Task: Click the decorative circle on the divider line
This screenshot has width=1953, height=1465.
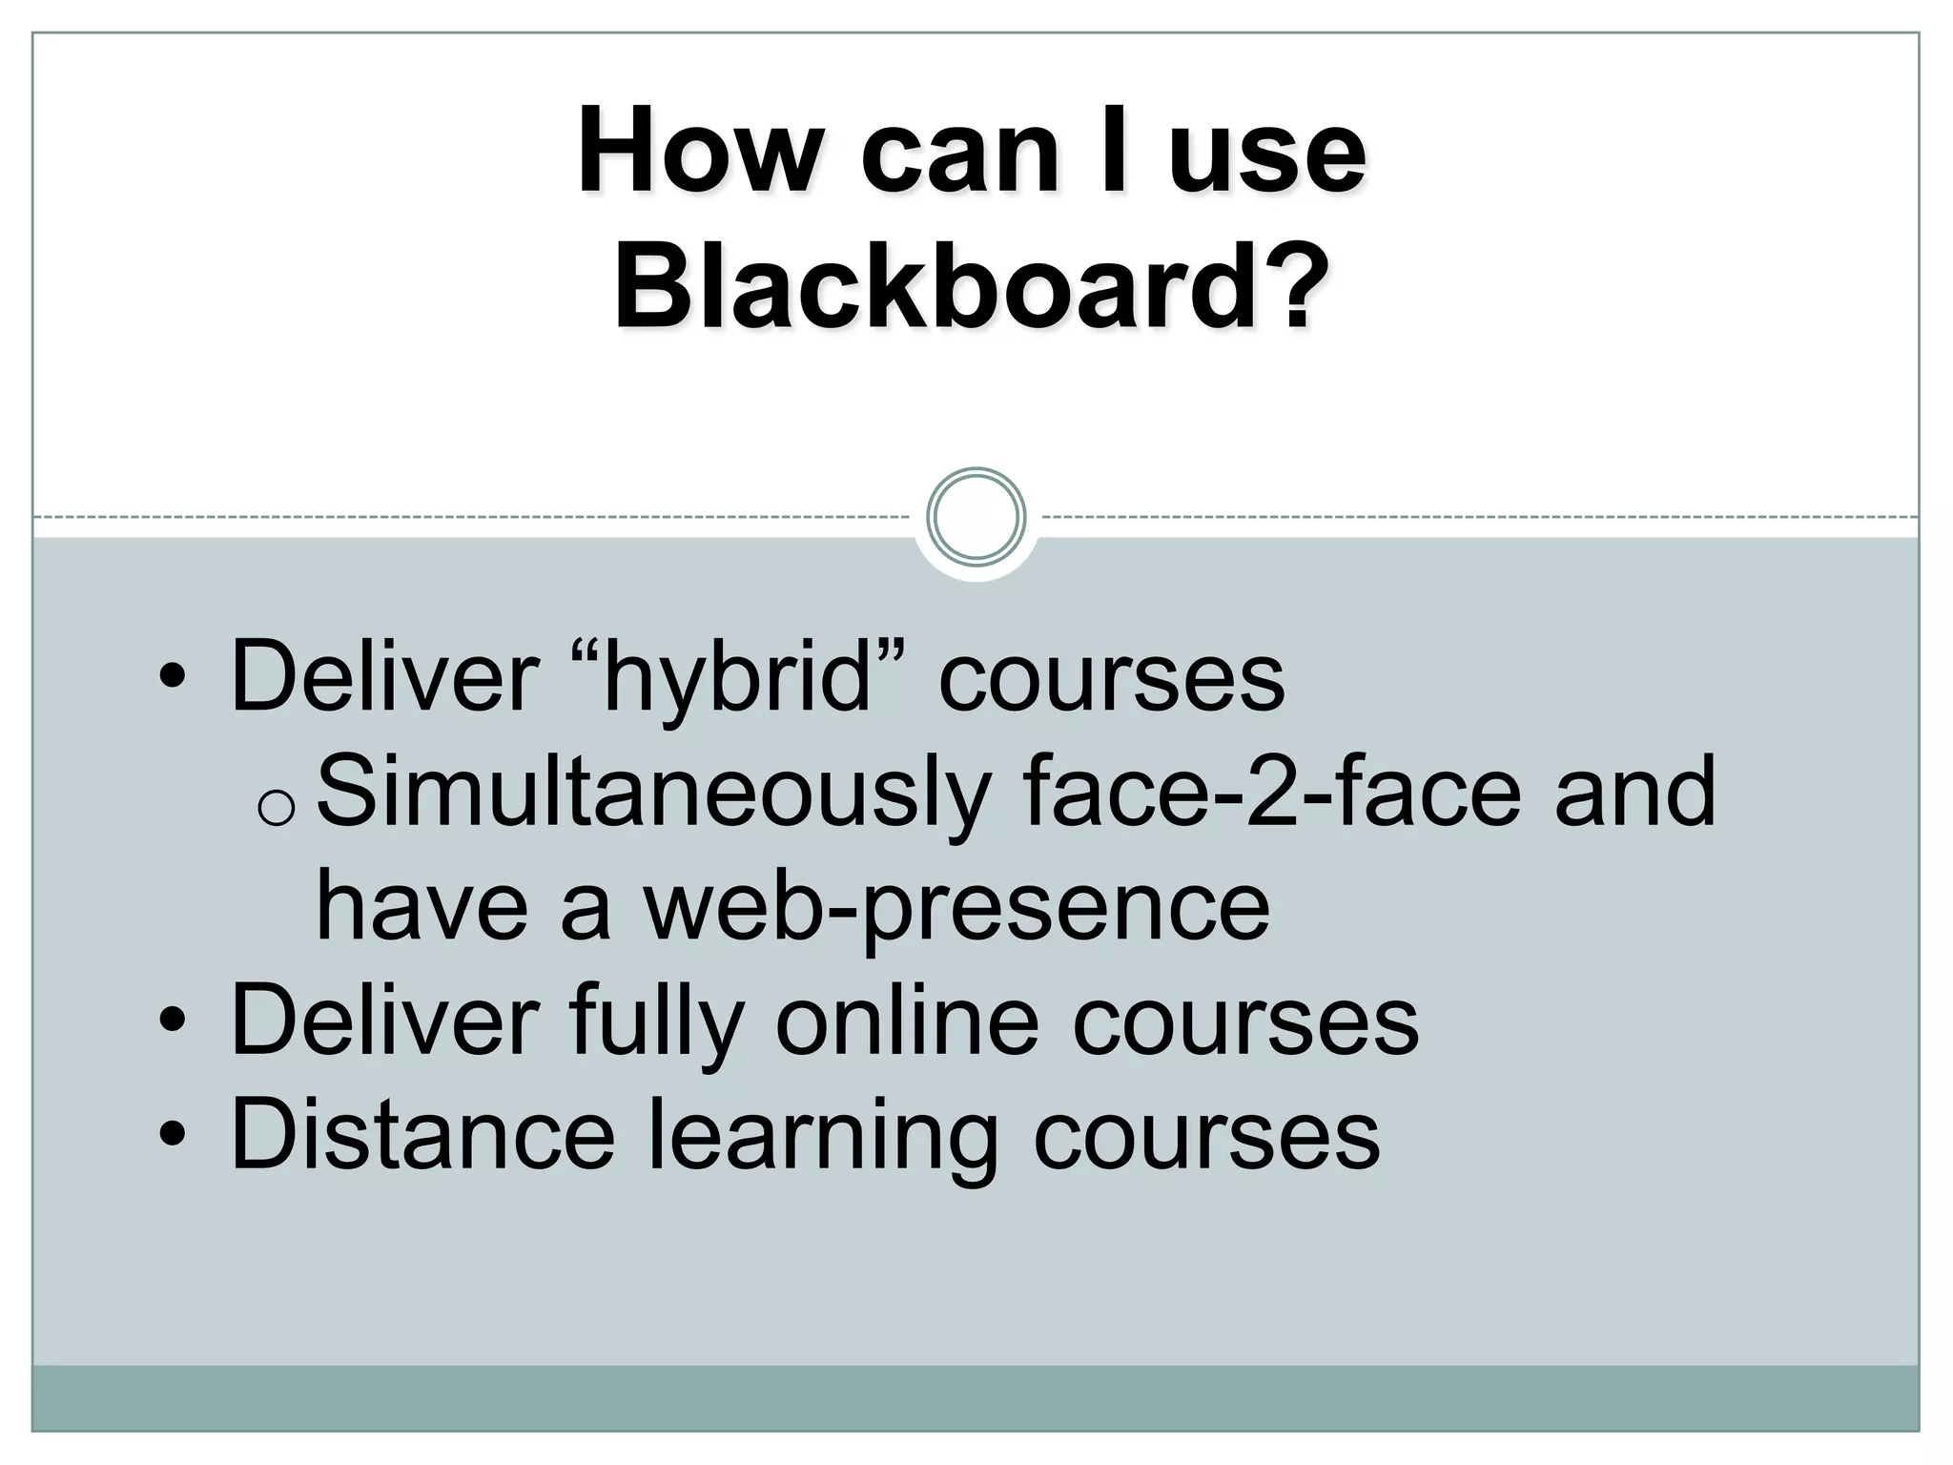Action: (976, 516)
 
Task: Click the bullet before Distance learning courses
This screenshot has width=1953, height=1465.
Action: (172, 1136)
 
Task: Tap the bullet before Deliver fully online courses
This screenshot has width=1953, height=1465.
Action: (172, 1021)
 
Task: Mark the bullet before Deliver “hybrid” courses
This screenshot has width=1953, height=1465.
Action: (172, 678)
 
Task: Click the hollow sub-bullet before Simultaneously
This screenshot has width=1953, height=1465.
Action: (277, 809)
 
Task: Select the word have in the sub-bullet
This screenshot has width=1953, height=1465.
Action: (421, 906)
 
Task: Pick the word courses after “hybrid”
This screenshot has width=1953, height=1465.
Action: (1112, 679)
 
